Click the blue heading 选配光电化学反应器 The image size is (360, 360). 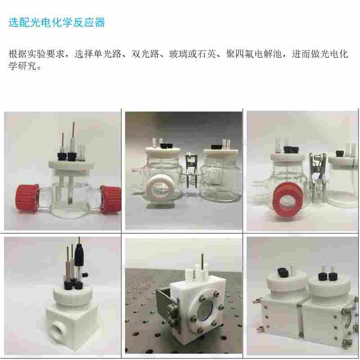pos(57,22)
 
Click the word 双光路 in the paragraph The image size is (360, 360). pos(145,54)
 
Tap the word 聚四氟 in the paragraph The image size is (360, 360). pos(240,54)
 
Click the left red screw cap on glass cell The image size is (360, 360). pos(27,198)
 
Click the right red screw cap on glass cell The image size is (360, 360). pos(110,199)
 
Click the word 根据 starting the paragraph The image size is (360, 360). pos(18,54)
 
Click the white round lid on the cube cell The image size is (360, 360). pos(73,296)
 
